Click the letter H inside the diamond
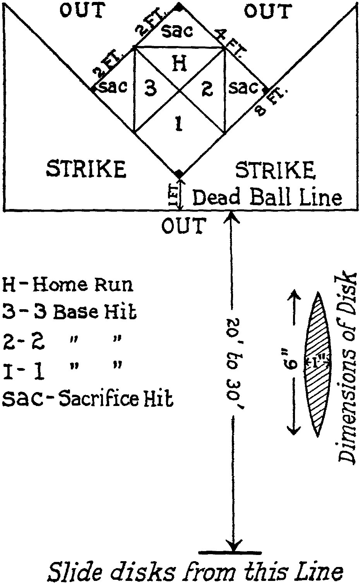pos(178,63)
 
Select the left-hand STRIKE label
pos(86,169)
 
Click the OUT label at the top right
pos(267,11)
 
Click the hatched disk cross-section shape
pos(318,364)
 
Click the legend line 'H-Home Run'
pos(68,285)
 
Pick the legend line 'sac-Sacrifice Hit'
pos(87,398)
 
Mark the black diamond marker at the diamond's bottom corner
pos(178,174)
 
